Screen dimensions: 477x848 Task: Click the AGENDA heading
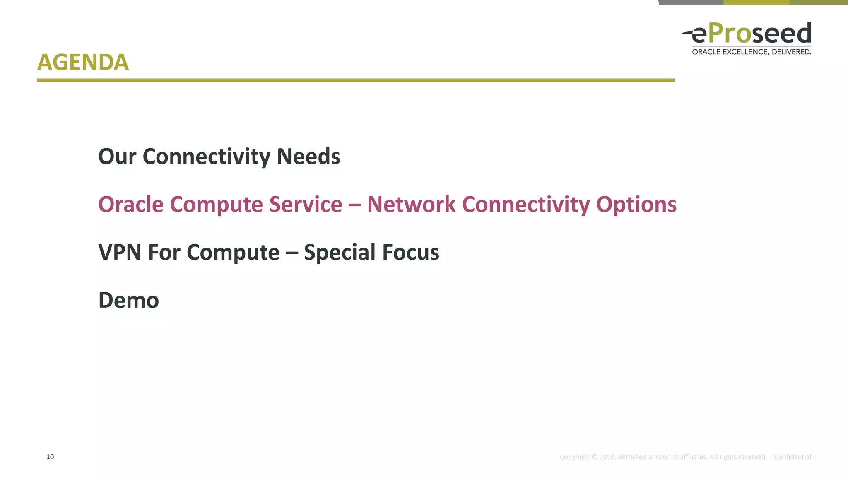pyautogui.click(x=83, y=63)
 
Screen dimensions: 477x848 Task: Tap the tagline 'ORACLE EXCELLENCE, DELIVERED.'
pyautogui.click(x=751, y=52)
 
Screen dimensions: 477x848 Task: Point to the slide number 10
pyautogui.click(x=50, y=457)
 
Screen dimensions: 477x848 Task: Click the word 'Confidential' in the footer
pyautogui.click(x=792, y=457)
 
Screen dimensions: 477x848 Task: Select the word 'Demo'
pyautogui.click(x=128, y=300)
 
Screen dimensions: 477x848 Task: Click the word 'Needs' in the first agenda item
pyautogui.click(x=308, y=157)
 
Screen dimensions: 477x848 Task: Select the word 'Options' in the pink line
pyautogui.click(x=636, y=205)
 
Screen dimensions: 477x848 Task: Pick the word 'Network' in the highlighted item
pyautogui.click(x=411, y=205)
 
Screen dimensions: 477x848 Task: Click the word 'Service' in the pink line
pyautogui.click(x=306, y=205)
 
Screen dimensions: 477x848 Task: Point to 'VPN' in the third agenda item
pyautogui.click(x=120, y=252)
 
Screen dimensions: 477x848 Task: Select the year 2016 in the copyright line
pyautogui.click(x=607, y=457)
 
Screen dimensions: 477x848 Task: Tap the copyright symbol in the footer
pyautogui.click(x=594, y=457)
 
